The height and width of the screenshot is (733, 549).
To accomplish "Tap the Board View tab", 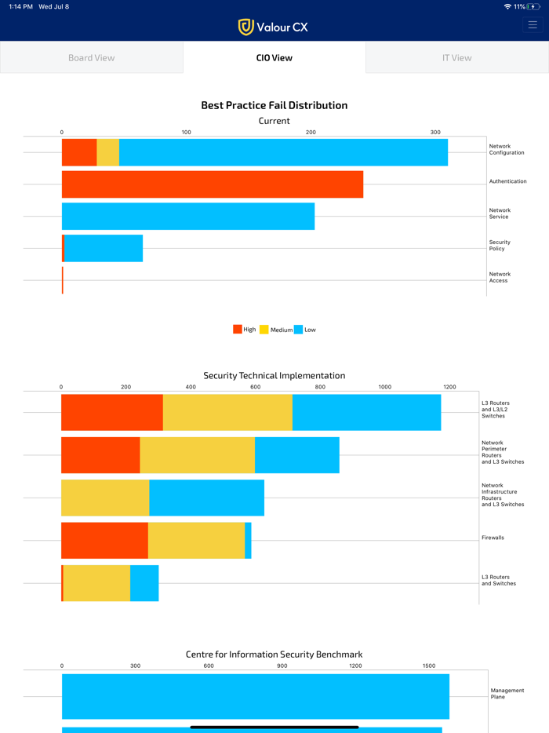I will [x=91, y=57].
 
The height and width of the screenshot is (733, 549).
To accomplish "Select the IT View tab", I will [x=456, y=57].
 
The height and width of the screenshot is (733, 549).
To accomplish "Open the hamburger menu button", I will [x=533, y=25].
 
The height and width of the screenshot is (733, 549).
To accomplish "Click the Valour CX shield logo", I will [x=246, y=27].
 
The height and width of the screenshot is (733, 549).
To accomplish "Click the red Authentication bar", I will [x=212, y=184].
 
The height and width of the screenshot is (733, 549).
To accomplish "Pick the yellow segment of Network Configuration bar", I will [x=107, y=152].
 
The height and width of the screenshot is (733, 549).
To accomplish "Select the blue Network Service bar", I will [x=188, y=216].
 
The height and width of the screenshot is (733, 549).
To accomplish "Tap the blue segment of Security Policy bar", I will [x=104, y=248].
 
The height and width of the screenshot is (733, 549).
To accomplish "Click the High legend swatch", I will [x=238, y=330].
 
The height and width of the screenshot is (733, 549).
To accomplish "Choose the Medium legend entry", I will [x=276, y=330].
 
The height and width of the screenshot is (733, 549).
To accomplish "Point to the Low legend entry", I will [x=305, y=330].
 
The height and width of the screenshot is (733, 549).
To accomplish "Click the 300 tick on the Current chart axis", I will [x=435, y=132].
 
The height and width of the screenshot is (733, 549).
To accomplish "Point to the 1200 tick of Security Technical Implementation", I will [x=449, y=387].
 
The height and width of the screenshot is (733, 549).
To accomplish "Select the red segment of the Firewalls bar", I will [x=104, y=540].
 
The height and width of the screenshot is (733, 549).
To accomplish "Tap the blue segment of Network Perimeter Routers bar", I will [x=296, y=455].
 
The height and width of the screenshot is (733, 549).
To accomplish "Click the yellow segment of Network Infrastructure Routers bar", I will [x=105, y=498].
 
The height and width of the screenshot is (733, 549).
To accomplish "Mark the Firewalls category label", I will [x=493, y=538].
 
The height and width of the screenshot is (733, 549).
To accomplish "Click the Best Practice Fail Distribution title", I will [x=274, y=105].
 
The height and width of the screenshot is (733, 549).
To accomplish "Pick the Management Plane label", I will [x=507, y=694].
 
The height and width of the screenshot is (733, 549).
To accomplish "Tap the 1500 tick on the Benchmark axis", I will [x=429, y=666].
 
